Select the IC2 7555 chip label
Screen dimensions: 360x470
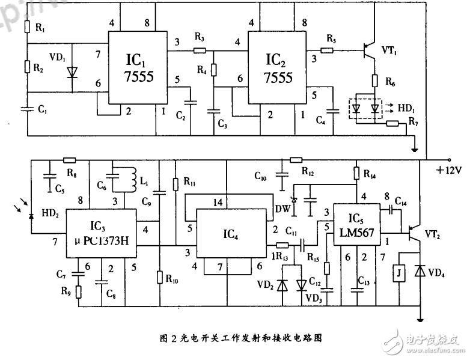(x=279, y=69)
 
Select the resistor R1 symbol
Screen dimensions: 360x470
(x=27, y=28)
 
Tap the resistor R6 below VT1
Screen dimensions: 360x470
(x=373, y=80)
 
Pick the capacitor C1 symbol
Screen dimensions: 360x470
(x=27, y=109)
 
